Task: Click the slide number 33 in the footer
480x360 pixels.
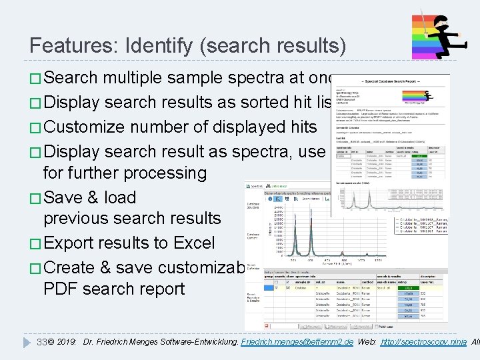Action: pos(41,342)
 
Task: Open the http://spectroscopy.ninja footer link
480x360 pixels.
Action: pos(423,342)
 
